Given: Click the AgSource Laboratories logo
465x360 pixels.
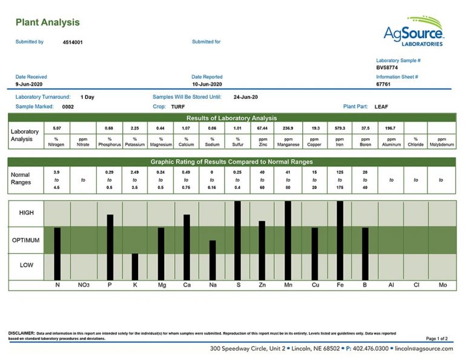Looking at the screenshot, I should pos(414,32).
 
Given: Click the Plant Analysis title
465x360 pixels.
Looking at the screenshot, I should pos(47,23).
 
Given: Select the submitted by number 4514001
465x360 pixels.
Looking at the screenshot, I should pos(73,42).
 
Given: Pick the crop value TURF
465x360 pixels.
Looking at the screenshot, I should pos(178,107).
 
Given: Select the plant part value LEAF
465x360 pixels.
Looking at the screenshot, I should pos(381,107).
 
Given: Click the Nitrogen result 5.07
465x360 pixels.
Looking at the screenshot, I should pos(57,128).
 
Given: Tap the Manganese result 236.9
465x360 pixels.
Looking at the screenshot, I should pos(288,128).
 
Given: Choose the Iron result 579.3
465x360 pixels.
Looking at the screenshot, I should pos(340,128).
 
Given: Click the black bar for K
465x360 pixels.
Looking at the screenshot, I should pos(135,266).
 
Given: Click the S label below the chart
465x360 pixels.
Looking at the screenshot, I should pos(237,284).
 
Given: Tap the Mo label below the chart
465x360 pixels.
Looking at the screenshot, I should pos(443,284).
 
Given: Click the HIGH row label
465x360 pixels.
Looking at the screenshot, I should pos(27,213).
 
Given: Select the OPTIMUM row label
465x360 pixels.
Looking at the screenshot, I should pos(26,241).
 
